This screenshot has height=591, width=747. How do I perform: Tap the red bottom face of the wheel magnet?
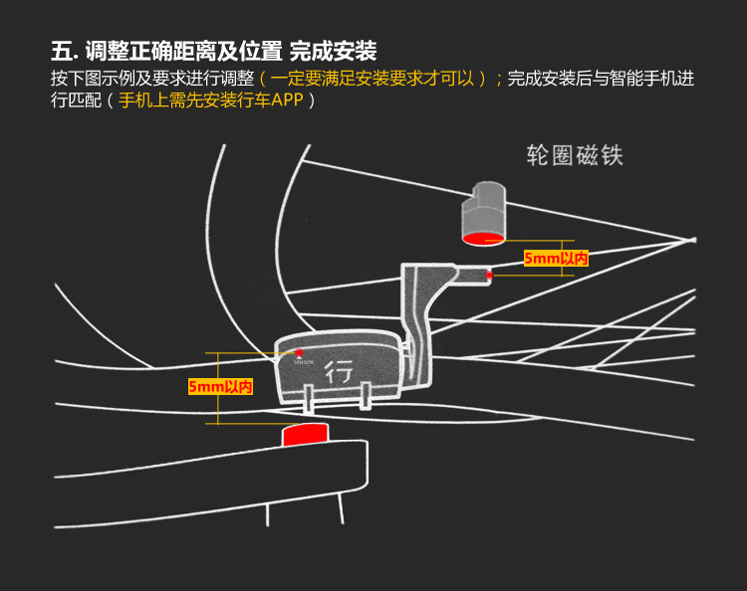tap(481, 237)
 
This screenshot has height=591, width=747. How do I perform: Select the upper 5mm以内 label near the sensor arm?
tap(556, 259)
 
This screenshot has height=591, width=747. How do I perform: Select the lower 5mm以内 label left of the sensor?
tap(220, 386)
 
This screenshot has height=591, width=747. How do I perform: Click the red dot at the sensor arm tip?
tap(489, 274)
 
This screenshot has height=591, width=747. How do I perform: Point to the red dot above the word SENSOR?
tap(299, 353)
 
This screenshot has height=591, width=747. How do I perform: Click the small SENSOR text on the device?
tap(303, 363)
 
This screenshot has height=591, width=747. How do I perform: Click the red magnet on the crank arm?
tap(307, 435)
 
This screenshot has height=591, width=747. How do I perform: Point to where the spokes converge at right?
tap(689, 239)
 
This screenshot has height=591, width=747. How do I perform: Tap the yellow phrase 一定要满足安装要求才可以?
tap(372, 78)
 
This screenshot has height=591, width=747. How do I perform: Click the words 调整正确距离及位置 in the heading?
tap(183, 51)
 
